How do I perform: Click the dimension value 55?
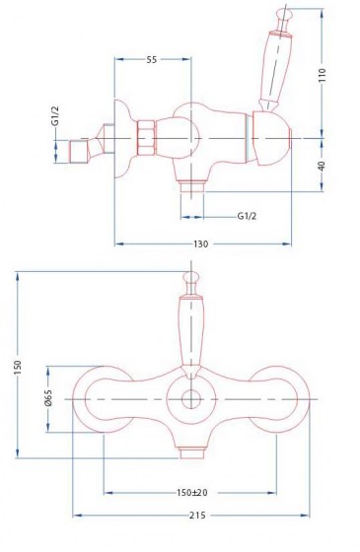(x=151, y=60)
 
